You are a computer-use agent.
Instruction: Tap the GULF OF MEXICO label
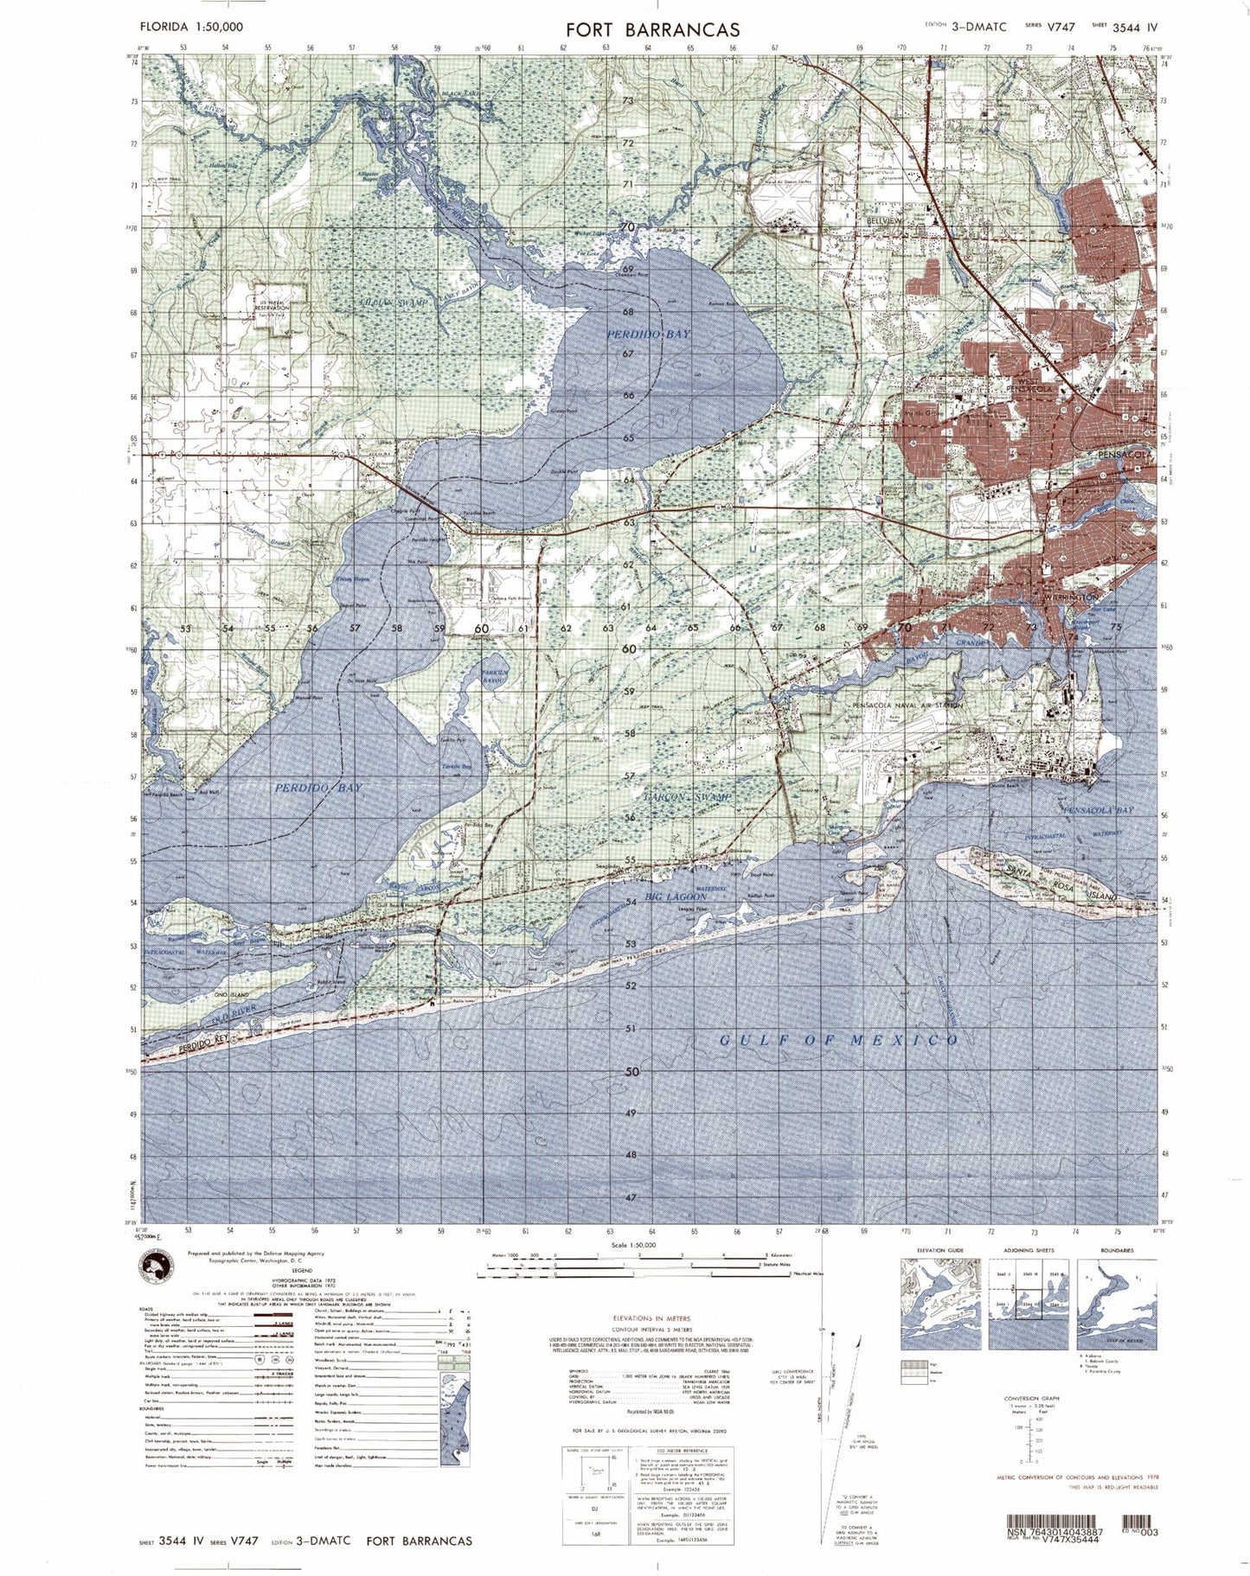click(x=839, y=1040)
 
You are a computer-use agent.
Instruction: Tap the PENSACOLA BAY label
click(x=1101, y=810)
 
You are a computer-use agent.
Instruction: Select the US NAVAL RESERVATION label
click(x=272, y=304)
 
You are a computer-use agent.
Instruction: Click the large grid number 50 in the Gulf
click(x=631, y=1071)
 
